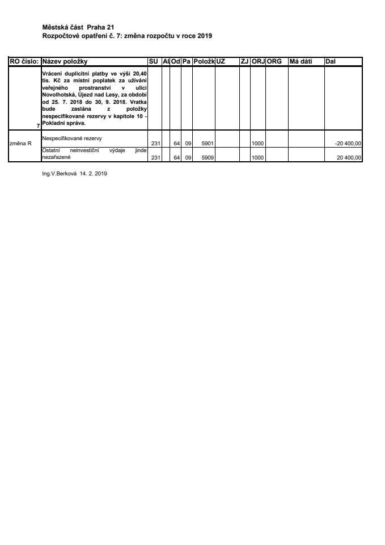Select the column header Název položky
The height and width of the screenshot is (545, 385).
pyautogui.click(x=65, y=61)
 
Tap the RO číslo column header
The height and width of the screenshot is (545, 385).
pyautogui.click(x=24, y=61)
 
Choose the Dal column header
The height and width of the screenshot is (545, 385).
pyautogui.click(x=330, y=61)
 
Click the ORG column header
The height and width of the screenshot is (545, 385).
pyautogui.click(x=274, y=61)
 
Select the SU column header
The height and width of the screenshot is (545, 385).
pyautogui.click(x=153, y=61)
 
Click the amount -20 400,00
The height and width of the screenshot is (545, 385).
pyautogui.click(x=348, y=144)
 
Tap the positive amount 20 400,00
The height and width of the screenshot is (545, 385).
pyautogui.click(x=349, y=157)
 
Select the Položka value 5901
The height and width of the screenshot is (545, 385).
pyautogui.click(x=206, y=144)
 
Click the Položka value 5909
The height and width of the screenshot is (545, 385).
pyautogui.click(x=206, y=157)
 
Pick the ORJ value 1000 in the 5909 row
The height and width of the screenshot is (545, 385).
pyautogui.click(x=257, y=157)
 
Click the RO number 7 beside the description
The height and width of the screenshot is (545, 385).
pyautogui.click(x=38, y=124)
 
